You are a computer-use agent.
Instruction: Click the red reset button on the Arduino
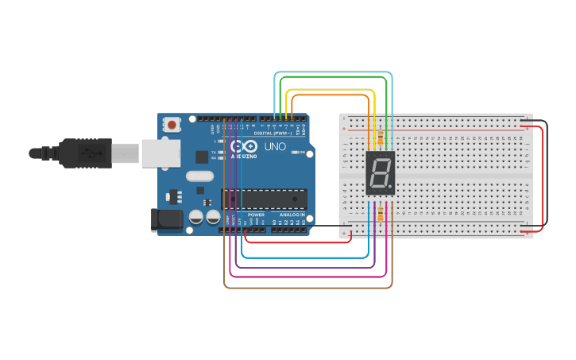click(x=172, y=124)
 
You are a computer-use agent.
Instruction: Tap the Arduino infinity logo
click(x=244, y=146)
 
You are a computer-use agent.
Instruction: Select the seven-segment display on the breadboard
click(x=380, y=172)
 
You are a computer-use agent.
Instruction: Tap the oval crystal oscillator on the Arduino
click(x=200, y=176)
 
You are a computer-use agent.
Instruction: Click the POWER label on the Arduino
click(x=256, y=215)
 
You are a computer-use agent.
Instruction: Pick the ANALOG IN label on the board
click(x=292, y=215)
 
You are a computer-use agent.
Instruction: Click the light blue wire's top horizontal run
click(x=333, y=72)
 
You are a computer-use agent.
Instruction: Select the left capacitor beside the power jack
click(x=196, y=216)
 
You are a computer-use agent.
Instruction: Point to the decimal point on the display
click(x=390, y=188)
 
